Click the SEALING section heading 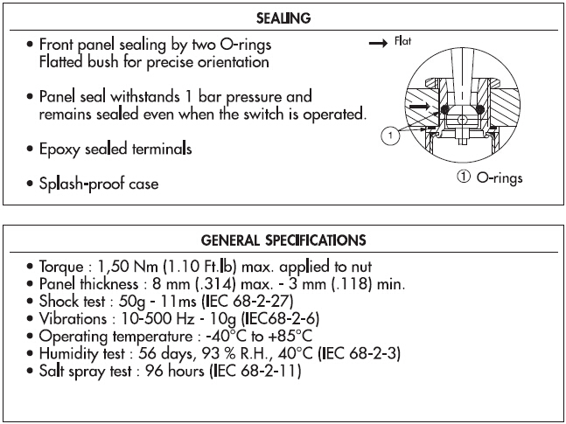(x=283, y=18)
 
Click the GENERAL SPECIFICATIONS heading (x=283, y=240)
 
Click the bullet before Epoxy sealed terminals (x=31, y=150)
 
